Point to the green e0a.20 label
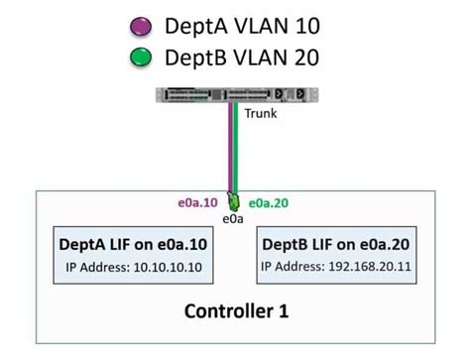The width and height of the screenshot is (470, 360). [x=269, y=202]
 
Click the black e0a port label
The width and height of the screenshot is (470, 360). [x=234, y=217]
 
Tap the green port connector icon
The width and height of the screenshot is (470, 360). [x=234, y=201]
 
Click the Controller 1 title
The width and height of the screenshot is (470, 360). [x=236, y=311]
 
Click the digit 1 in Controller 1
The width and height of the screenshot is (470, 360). [x=284, y=311]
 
